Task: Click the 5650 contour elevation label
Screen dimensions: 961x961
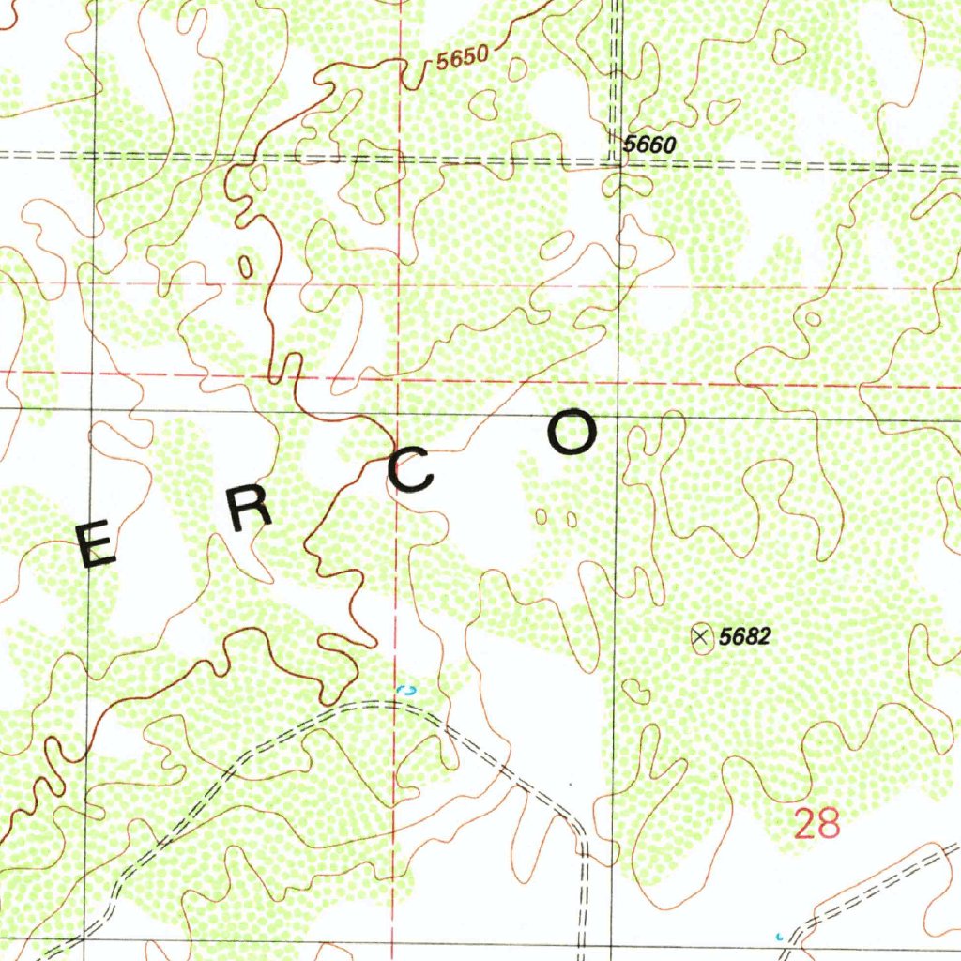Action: point(463,58)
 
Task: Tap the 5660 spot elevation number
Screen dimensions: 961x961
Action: point(648,145)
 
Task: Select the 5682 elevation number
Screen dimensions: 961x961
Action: point(744,637)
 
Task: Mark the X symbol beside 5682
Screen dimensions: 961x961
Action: point(700,637)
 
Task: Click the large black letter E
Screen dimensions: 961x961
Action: point(96,546)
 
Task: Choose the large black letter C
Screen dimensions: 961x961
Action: point(411,470)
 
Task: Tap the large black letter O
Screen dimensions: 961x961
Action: point(572,435)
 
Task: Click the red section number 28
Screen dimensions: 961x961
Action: point(816,825)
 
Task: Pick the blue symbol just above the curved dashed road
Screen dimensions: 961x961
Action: point(407,690)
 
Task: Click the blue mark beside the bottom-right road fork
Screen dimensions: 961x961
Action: point(778,937)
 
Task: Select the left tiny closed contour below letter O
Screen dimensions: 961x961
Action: point(542,516)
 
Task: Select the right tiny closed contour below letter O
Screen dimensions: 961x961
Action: point(572,518)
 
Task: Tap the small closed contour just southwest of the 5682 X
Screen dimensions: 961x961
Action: point(637,693)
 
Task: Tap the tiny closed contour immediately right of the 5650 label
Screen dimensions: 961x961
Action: point(516,67)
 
